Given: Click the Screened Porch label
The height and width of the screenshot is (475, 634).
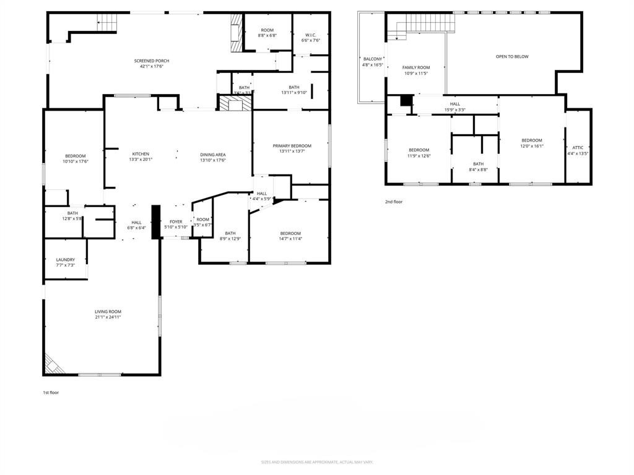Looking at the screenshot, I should click(152, 61).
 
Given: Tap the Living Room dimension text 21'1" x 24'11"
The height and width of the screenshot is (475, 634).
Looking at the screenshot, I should click(108, 317).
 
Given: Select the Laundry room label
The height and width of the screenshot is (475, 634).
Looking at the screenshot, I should click(65, 260).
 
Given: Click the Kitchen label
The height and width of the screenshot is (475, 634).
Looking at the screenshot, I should click(141, 154).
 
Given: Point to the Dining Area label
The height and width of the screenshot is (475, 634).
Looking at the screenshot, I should click(212, 154).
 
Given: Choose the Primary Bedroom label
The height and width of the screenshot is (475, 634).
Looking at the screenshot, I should click(292, 146).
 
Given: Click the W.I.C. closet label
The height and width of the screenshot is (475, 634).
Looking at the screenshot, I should click(310, 35).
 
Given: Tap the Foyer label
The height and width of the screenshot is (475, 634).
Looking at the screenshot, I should click(176, 221).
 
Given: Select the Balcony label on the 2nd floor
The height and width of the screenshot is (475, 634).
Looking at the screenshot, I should click(372, 59).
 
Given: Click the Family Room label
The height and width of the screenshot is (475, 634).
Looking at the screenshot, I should click(415, 67).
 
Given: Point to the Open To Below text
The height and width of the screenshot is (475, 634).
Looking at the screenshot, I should click(512, 56).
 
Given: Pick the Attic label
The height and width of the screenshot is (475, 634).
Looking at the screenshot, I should click(578, 148).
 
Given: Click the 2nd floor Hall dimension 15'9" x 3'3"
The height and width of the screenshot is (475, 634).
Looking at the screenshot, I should click(454, 110).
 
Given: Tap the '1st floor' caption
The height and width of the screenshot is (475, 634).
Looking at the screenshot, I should click(51, 392).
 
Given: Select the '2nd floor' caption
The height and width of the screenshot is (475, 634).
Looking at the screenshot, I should click(394, 202).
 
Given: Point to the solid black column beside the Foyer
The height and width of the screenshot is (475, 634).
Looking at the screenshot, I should click(156, 221).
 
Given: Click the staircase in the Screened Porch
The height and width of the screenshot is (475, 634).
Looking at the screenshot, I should click(107, 24).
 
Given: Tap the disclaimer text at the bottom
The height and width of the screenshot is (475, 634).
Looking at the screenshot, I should click(316, 462).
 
